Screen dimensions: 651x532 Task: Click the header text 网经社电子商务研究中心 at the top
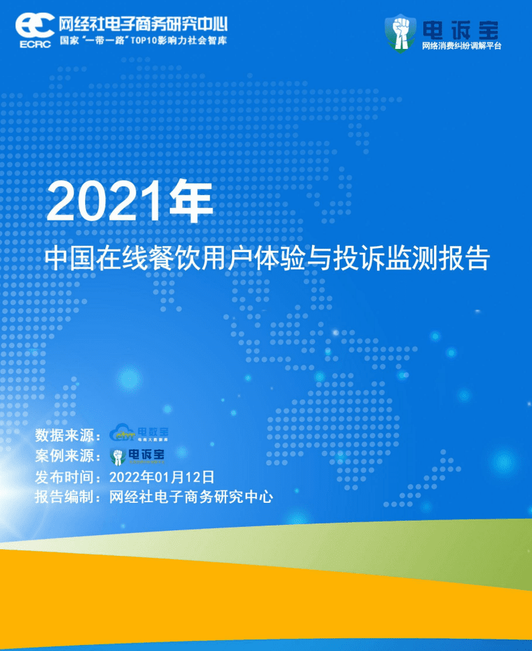coord(143,24)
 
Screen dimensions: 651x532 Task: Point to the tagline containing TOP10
coord(143,40)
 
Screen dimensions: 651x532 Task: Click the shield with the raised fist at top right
coord(400,33)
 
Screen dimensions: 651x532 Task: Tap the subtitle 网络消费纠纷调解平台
coord(462,46)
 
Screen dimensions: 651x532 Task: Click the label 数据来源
coord(67,434)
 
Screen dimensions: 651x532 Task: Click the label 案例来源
coord(67,456)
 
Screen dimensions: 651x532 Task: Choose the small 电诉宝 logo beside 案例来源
coord(138,456)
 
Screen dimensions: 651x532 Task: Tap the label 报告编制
coord(67,498)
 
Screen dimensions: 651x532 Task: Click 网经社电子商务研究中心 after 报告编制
coord(191,498)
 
